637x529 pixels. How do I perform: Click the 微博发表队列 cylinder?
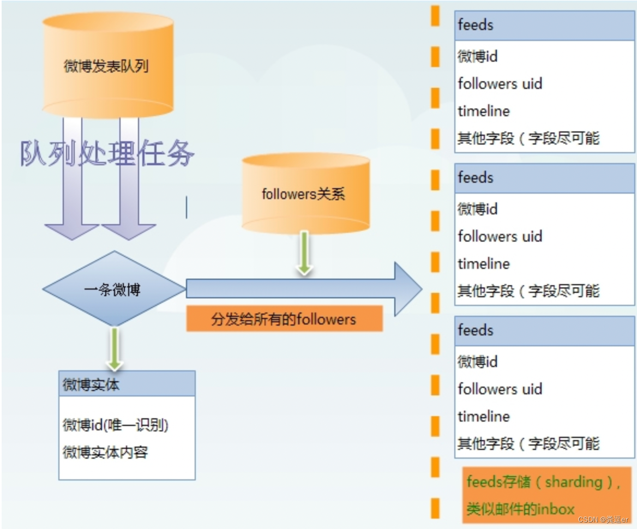click(107, 67)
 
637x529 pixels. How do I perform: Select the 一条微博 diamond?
click(113, 290)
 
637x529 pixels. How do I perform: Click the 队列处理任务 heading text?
click(107, 153)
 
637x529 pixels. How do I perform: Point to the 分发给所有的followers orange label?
click(284, 319)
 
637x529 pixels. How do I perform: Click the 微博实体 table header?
click(127, 384)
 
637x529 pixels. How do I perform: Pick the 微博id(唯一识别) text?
click(116, 425)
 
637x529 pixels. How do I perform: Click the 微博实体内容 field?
click(105, 452)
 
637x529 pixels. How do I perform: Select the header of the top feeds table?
click(544, 25)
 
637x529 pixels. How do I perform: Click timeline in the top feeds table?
click(484, 111)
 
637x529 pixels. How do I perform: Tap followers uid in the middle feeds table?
click(500, 237)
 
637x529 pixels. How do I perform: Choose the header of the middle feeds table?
click(544, 178)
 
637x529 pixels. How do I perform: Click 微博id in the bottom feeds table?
click(478, 362)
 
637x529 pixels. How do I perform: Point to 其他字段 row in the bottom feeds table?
click(528, 443)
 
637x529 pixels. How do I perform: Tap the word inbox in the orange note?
click(556, 509)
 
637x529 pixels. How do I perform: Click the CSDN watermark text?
click(603, 520)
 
